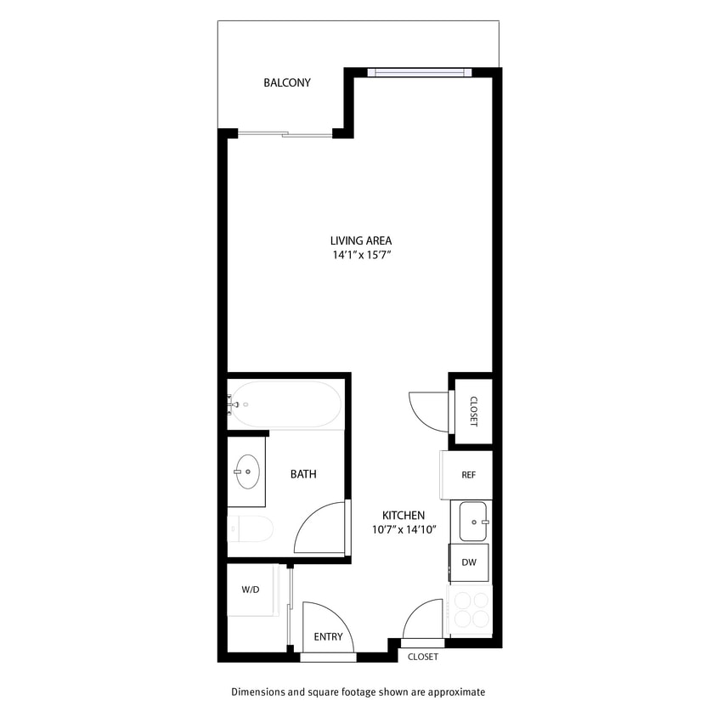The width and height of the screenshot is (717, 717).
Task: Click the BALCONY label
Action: tap(287, 83)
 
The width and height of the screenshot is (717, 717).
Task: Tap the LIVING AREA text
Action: tap(361, 240)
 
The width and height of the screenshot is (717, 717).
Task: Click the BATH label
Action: tap(303, 474)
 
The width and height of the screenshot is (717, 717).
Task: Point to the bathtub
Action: tap(286, 404)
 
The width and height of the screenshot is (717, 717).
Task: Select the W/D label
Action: tap(250, 589)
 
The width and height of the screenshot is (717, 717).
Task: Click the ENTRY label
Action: tap(328, 637)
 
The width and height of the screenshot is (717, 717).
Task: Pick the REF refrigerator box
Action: tap(467, 475)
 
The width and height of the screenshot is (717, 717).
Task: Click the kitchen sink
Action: tap(471, 521)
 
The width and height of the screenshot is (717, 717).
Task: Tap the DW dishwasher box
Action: tap(469, 562)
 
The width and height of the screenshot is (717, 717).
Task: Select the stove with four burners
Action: tap(470, 609)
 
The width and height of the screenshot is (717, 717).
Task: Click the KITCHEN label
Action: tap(404, 516)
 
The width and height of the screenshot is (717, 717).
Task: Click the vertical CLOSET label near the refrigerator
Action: tap(473, 411)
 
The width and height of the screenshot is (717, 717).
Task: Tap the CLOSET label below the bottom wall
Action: tap(423, 657)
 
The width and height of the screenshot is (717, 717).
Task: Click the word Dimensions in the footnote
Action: tap(258, 692)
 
